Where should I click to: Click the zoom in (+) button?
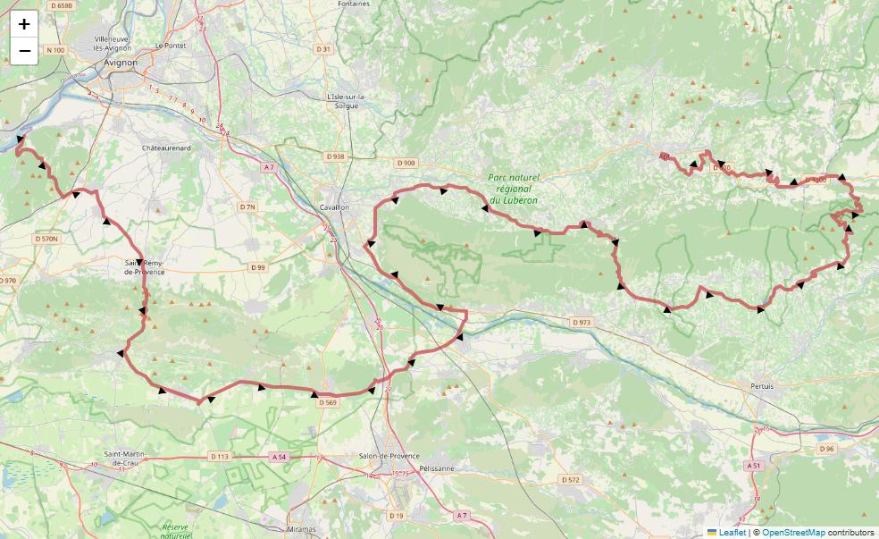coord(24,24)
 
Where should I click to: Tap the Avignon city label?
coord(121,63)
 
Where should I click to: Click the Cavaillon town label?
coord(334,207)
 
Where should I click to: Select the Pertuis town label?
coord(762,386)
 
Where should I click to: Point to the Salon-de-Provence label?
coord(389,456)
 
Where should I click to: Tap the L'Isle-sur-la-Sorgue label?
coord(344,101)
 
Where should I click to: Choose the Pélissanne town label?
coord(437,468)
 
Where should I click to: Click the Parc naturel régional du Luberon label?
coord(514,189)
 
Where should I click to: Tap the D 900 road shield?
coord(406,163)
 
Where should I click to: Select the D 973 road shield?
coord(581,322)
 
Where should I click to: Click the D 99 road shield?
coord(257,267)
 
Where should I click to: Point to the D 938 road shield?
coord(335,156)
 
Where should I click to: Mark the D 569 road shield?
coord(328,402)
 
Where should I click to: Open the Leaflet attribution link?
coord(732,533)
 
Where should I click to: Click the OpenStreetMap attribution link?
coord(793,533)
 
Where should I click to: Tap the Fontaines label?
coord(354,4)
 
